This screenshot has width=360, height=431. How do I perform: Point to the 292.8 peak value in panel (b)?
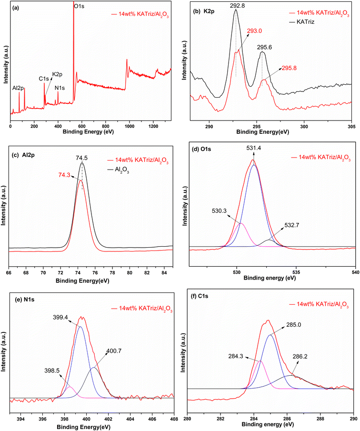(x=236, y=5)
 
